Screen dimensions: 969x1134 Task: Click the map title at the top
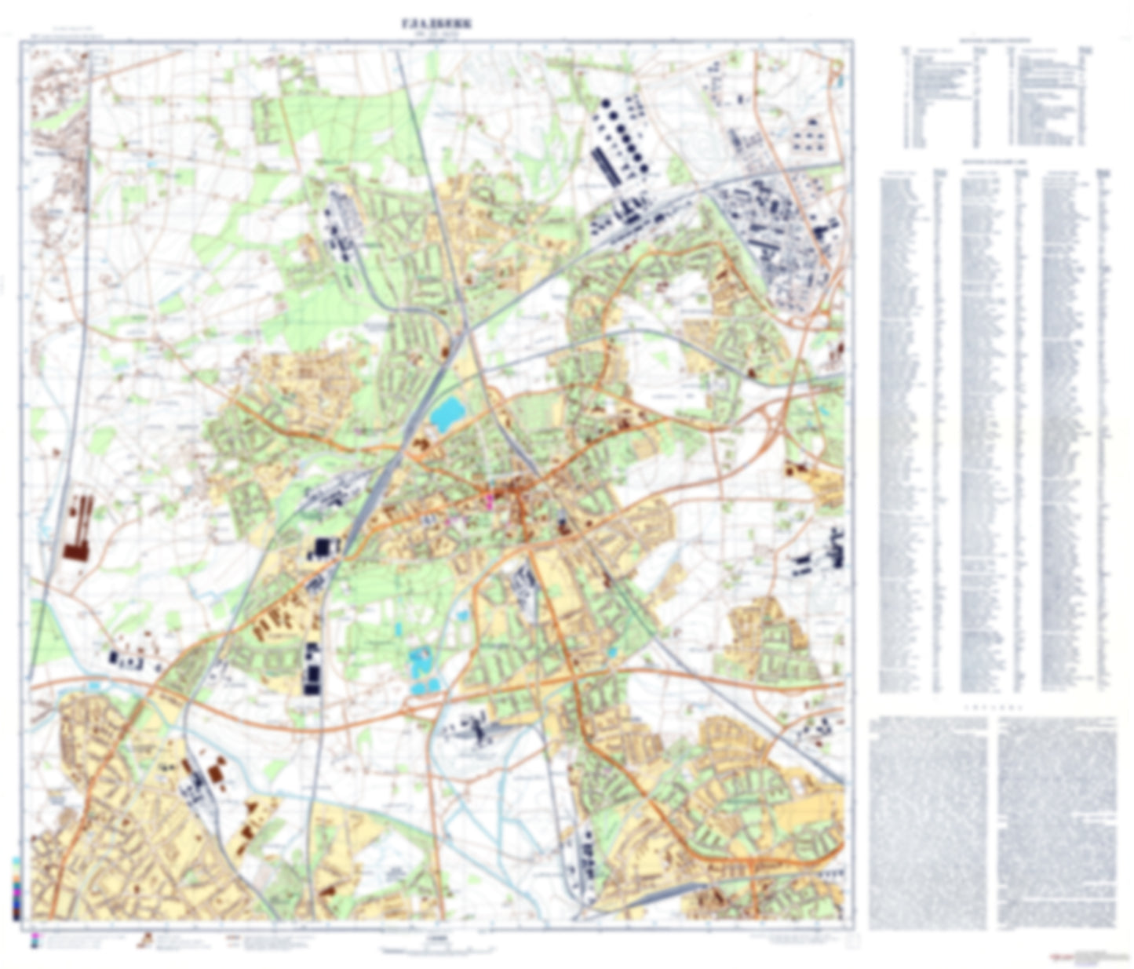tap(437, 24)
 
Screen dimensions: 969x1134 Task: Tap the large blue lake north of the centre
tap(446, 413)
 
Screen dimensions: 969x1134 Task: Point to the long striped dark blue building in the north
tap(606, 167)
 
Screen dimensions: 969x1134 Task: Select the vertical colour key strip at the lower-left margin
tap(16, 887)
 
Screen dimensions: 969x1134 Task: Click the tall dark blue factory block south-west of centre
tap(313, 669)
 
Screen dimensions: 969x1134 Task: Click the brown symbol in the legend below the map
tap(144, 939)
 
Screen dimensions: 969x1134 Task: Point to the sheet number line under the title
tap(437, 35)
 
